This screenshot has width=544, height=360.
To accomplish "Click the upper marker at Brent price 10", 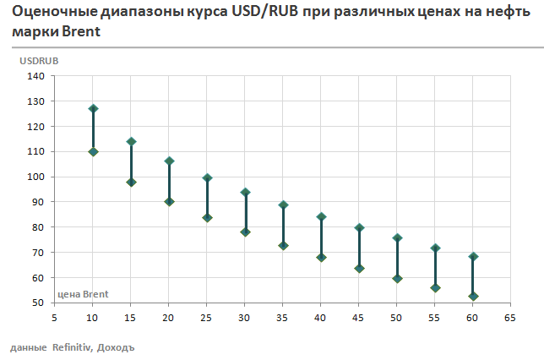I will tap(93, 109).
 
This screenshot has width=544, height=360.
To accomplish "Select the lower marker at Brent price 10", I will tap(93, 151).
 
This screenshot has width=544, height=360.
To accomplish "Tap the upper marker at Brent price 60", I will tap(473, 257).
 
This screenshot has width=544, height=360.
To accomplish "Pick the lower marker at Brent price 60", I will tap(473, 297).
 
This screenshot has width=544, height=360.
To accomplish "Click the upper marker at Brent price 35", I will tap(283, 205).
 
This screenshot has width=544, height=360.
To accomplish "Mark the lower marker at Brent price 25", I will tap(207, 217).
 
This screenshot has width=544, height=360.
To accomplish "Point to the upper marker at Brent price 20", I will tap(169, 161).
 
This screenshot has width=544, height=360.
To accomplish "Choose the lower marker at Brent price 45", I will tap(359, 269).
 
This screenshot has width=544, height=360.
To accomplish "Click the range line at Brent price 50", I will tap(397, 258).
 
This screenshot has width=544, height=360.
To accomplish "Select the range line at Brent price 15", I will tap(131, 161).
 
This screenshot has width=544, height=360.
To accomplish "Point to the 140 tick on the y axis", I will tap(36, 76).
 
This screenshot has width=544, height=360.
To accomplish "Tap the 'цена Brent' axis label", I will tap(83, 294).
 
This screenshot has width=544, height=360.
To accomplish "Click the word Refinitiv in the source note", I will tap(71, 347).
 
